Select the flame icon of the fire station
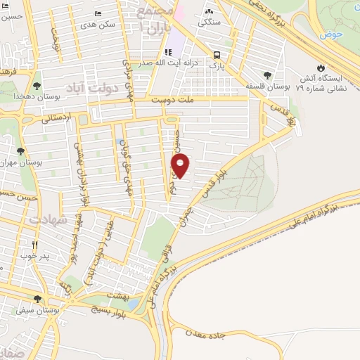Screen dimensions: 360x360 point(321,68)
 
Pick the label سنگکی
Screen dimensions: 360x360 point(209,22)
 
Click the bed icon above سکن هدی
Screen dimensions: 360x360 point(98,13)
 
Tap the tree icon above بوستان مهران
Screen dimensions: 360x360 point(20,150)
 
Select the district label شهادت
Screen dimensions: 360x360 point(49,219)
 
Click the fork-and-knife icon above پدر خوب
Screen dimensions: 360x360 point(34,245)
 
